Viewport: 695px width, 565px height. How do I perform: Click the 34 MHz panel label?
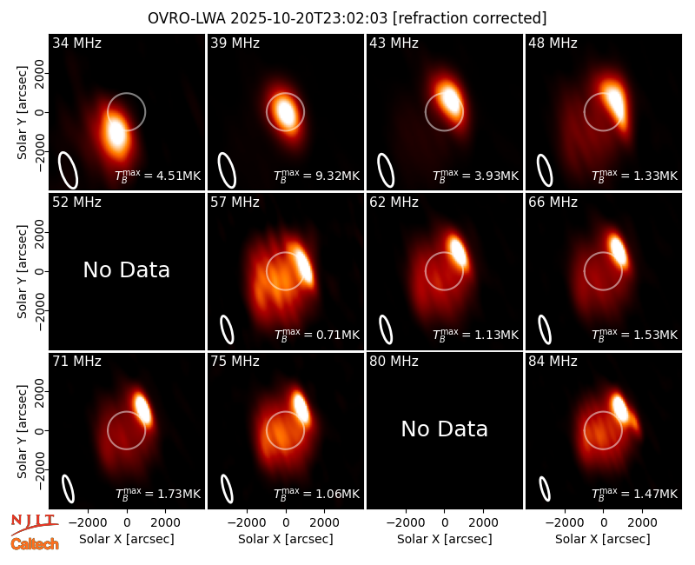tap(76, 43)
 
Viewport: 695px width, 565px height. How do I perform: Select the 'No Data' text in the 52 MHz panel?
tap(126, 269)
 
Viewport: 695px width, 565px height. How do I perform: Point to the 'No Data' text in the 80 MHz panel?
tap(444, 429)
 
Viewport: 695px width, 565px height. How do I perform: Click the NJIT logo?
tap(34, 524)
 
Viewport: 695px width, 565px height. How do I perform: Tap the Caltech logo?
tap(35, 544)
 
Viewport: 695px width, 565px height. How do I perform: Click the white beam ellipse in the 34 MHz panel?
tap(68, 169)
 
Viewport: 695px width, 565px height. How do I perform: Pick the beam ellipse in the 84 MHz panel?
tap(545, 489)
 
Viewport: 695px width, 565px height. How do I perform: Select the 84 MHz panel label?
tap(553, 362)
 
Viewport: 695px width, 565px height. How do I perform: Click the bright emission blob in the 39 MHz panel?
tap(285, 112)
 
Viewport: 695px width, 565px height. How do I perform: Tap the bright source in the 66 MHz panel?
tap(619, 250)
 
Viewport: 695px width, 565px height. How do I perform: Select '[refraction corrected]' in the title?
tap(469, 18)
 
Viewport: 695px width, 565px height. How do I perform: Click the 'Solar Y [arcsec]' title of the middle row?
tap(22, 271)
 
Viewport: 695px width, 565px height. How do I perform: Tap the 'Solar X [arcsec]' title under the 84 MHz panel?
tap(603, 539)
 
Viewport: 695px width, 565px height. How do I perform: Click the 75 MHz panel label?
tap(235, 362)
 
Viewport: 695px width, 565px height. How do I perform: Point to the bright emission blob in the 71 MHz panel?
tap(142, 408)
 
